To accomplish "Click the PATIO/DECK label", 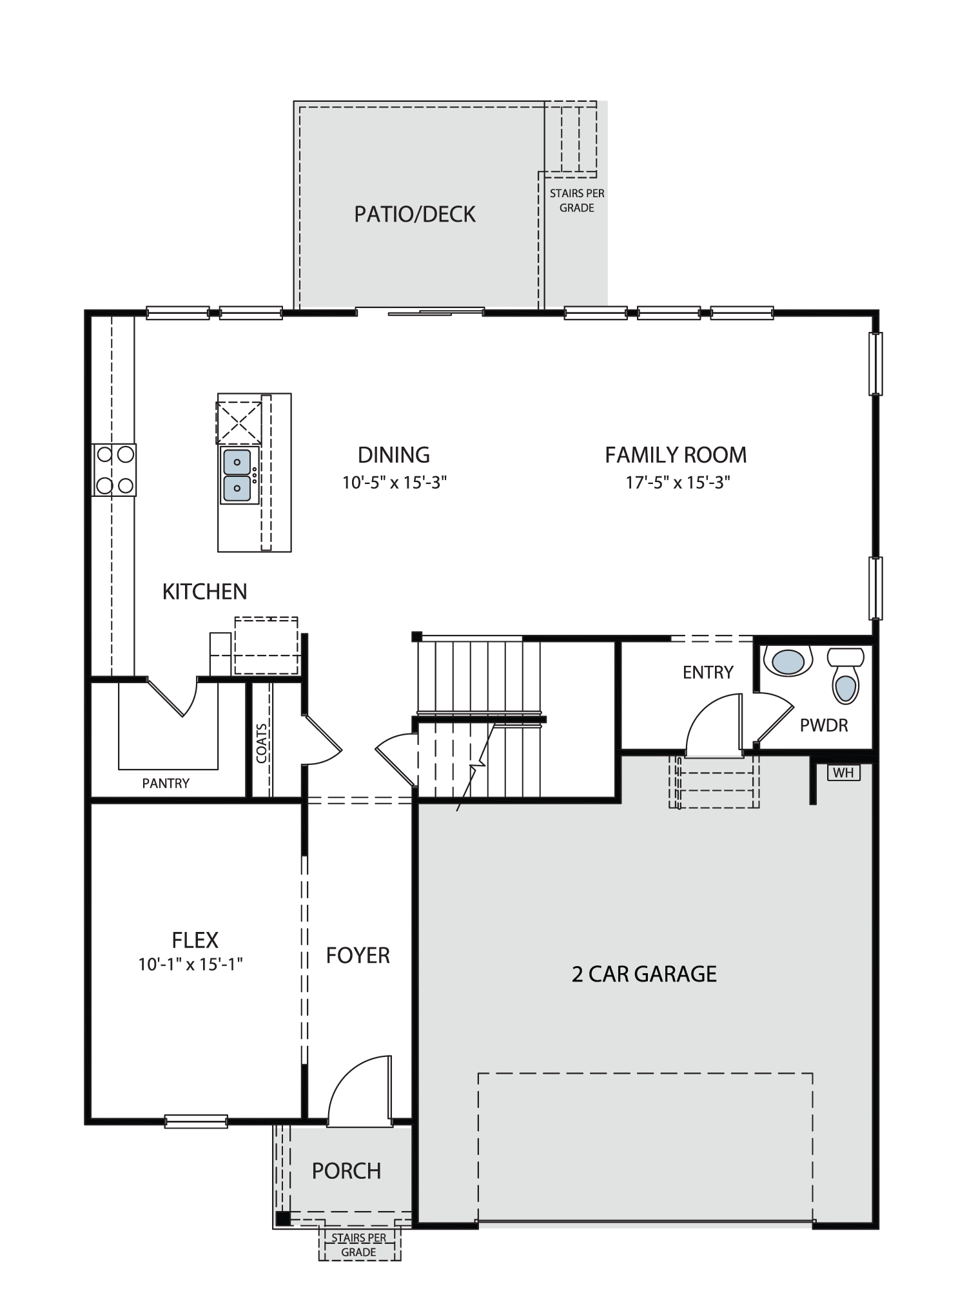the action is click(415, 214).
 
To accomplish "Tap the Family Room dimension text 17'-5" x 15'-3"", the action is click(678, 482).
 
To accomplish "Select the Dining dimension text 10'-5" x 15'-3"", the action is click(395, 482).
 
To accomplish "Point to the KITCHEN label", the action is click(204, 591).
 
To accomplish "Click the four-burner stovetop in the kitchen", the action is click(115, 470).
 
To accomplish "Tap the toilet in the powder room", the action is click(846, 675).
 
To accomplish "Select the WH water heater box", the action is click(843, 772).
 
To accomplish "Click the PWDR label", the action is click(823, 726).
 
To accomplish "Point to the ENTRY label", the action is click(708, 672).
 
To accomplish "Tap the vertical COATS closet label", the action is click(261, 743).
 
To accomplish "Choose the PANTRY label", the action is click(166, 783).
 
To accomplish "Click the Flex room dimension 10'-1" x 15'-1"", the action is click(190, 964).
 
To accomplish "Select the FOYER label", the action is click(358, 955).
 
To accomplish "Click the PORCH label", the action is click(346, 1170).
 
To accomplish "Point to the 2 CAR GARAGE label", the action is click(644, 974).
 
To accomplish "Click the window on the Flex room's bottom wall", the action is click(196, 1121).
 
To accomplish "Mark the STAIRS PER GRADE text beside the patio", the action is click(577, 200).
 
